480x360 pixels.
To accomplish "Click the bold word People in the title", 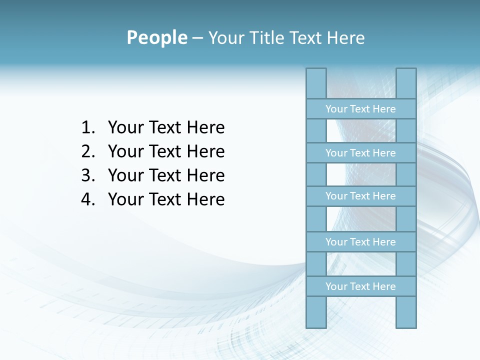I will point(156,37).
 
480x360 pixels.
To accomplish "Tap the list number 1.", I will point(87,128).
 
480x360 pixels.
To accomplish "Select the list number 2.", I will point(87,151).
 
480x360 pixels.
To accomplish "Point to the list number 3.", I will point(87,175).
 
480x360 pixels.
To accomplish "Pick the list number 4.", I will point(87,199).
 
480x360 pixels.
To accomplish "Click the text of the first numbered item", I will point(166,128).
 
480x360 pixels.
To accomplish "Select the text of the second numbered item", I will point(166,151).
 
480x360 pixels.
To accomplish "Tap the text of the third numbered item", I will point(166,175).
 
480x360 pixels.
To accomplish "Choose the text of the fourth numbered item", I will point(166,199).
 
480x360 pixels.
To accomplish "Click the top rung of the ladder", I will point(360,109).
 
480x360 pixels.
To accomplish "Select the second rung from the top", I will point(360,153).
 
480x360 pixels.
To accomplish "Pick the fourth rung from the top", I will point(360,242).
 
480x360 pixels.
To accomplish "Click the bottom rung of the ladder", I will point(360,286).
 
